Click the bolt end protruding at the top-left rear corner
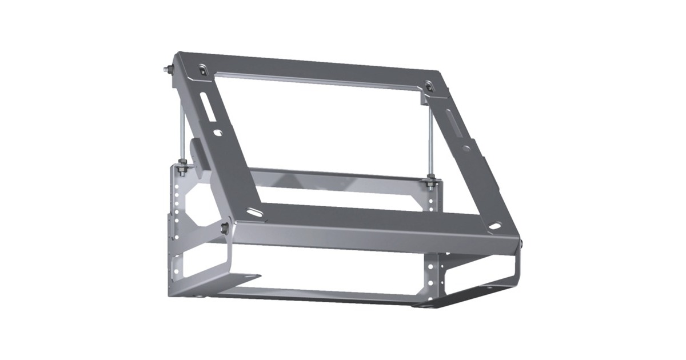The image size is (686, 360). [166, 70]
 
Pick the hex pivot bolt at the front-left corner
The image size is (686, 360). [224, 229]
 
